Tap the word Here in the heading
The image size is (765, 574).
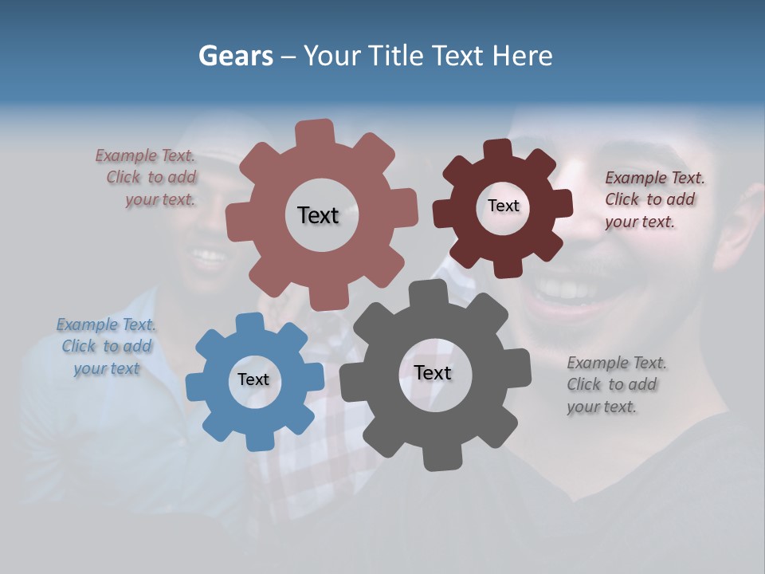point(522,56)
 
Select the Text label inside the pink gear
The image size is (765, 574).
point(318,215)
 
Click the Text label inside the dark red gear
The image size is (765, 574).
point(503,206)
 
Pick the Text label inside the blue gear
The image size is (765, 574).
point(253,379)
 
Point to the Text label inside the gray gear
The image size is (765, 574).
point(433,372)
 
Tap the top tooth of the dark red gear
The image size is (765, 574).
point(498,150)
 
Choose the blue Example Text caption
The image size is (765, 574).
point(106,346)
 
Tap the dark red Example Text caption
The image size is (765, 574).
point(653,199)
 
